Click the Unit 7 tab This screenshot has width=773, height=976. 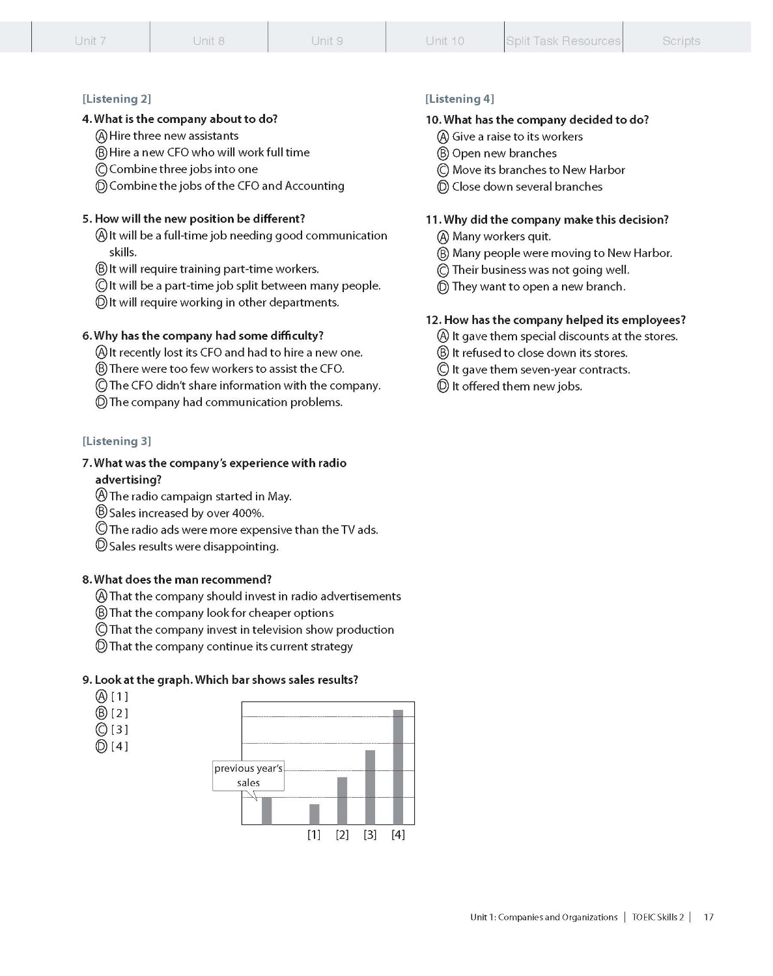[x=91, y=40]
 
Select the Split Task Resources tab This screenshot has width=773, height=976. [x=563, y=40]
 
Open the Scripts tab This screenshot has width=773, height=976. [x=681, y=40]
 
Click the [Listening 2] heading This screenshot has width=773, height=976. [x=117, y=99]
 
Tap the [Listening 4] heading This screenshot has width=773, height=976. [x=460, y=99]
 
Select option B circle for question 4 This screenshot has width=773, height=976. [x=101, y=153]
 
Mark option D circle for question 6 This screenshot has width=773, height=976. [x=101, y=402]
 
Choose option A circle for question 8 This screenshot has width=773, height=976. [x=101, y=596]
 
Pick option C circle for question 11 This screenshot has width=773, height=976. [x=443, y=270]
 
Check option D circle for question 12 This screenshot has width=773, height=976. [x=443, y=386]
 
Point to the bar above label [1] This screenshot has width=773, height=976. [x=315, y=814]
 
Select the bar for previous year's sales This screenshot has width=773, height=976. [x=266, y=810]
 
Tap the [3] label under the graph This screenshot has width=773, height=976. [x=370, y=835]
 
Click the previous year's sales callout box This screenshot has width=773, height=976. [x=248, y=776]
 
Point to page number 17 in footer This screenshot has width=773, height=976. [x=709, y=917]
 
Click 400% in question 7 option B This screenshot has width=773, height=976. [x=247, y=513]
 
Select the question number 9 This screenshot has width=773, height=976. [x=87, y=680]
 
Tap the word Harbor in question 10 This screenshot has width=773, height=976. [x=607, y=170]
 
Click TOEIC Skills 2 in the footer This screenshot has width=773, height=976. [x=658, y=917]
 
